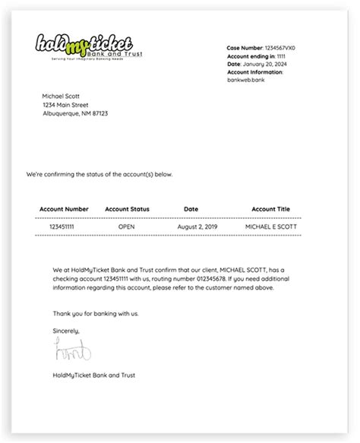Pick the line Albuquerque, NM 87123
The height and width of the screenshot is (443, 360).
click(75, 114)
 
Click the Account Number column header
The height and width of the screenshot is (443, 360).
click(65, 209)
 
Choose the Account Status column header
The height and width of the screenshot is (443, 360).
click(127, 209)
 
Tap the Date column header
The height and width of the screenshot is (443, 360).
click(191, 209)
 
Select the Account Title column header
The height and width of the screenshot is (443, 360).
click(272, 209)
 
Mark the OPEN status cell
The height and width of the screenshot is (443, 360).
click(127, 226)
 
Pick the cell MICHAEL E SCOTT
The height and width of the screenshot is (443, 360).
click(272, 226)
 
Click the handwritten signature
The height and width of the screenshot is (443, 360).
click(72, 351)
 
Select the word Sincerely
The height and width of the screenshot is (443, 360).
click(66, 331)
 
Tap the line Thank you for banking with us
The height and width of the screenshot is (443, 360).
click(96, 313)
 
